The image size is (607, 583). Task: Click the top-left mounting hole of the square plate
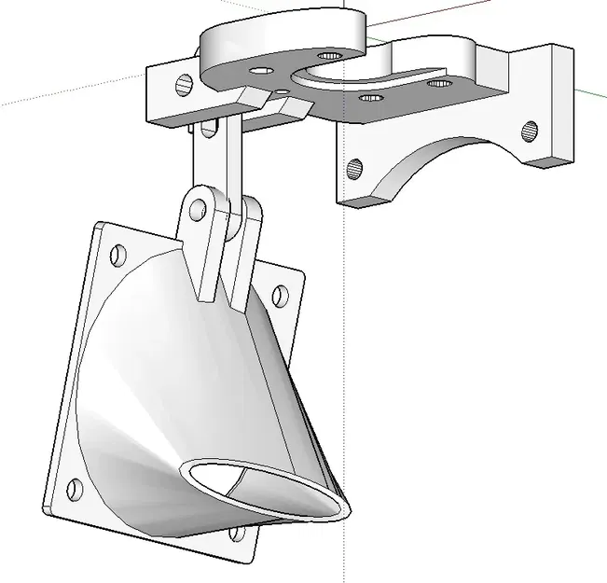coord(118,253)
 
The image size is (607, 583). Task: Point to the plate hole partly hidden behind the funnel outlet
coord(239,534)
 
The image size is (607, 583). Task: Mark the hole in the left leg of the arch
coord(354,169)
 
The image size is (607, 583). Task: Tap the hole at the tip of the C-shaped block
coord(327,56)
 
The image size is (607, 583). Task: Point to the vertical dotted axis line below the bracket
coord(345,373)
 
